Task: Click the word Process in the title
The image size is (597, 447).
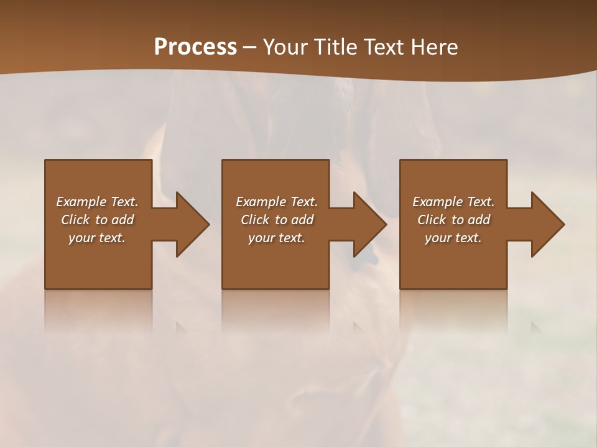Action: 195,47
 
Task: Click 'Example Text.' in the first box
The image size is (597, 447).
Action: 97,202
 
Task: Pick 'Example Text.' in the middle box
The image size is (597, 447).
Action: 276,202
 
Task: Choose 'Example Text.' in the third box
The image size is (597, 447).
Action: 453,202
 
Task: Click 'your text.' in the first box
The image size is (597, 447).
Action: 97,238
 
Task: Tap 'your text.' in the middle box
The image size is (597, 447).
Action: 276,238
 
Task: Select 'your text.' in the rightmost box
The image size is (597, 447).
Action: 453,238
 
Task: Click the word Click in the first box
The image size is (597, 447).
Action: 75,220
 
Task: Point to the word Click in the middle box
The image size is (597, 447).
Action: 255,220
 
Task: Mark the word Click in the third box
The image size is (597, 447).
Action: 432,220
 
